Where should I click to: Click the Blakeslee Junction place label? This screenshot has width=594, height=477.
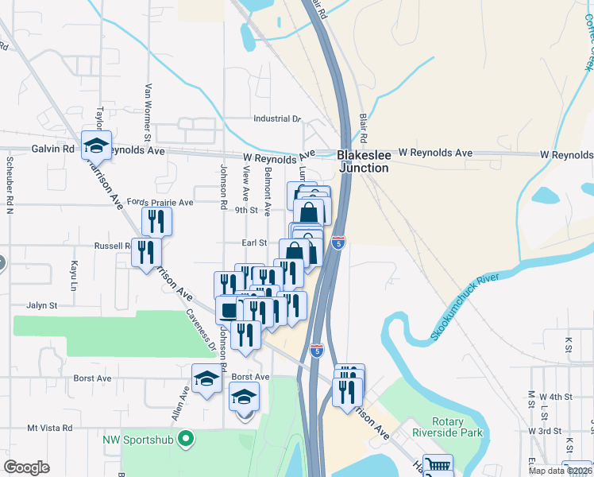[x=363, y=161]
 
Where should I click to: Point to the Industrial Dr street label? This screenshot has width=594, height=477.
[x=277, y=118]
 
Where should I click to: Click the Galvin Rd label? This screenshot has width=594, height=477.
[x=52, y=149]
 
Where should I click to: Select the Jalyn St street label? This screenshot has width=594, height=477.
[x=42, y=304]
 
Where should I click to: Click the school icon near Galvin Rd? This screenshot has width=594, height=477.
[x=96, y=145]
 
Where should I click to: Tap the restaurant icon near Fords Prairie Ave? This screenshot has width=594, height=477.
[x=156, y=220]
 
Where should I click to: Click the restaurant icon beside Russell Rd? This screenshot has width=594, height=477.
[x=145, y=252]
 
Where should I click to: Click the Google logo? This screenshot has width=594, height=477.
[x=26, y=467]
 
